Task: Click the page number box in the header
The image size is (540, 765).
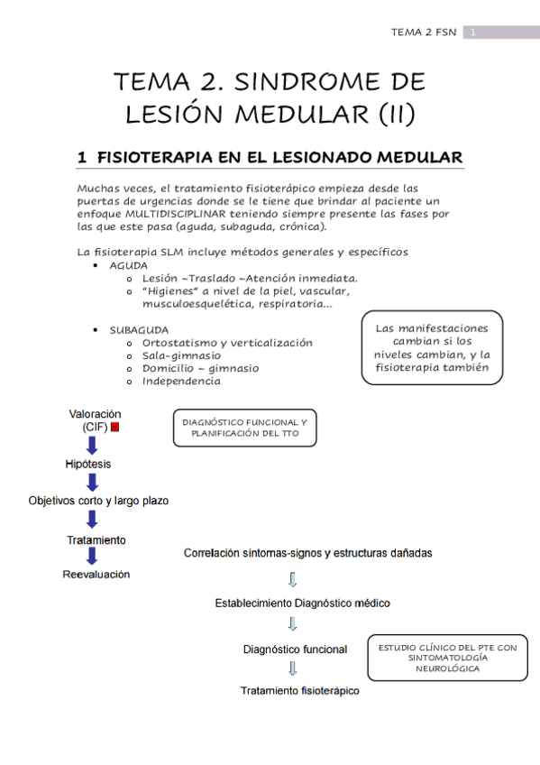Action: pyautogui.click(x=472, y=33)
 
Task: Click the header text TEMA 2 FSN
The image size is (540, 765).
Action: pyautogui.click(x=423, y=33)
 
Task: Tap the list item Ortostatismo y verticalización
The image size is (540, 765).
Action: pyautogui.click(x=227, y=343)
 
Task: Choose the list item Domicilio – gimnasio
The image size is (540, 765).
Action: pyautogui.click(x=200, y=368)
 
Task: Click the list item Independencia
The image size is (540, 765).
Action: pyautogui.click(x=180, y=381)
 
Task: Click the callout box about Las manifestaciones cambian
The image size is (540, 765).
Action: pyautogui.click(x=432, y=348)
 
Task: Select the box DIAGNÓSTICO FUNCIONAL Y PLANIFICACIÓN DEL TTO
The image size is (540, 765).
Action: pyautogui.click(x=244, y=429)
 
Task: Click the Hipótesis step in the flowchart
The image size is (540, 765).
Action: pyautogui.click(x=89, y=464)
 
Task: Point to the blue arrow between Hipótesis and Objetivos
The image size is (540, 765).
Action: pyautogui.click(x=92, y=482)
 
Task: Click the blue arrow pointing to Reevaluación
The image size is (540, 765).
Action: pyautogui.click(x=92, y=557)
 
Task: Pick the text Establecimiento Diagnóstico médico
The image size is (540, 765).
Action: pyautogui.click(x=302, y=603)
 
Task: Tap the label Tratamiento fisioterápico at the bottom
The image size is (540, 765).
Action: pyautogui.click(x=299, y=691)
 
